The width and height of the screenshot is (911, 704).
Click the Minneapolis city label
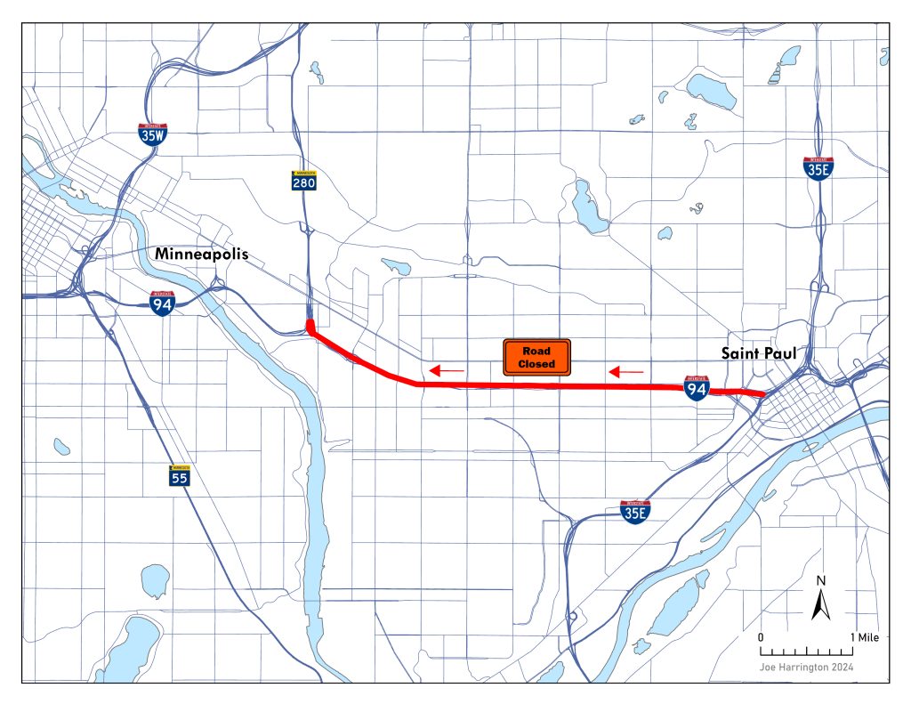(x=201, y=255)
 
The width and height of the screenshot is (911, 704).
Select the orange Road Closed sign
(x=537, y=358)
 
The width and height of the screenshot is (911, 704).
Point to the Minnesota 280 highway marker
(x=303, y=181)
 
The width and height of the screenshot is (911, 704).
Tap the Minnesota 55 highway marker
(x=181, y=475)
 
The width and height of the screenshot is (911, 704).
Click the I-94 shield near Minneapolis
(x=162, y=303)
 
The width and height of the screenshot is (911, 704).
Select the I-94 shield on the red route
(x=697, y=387)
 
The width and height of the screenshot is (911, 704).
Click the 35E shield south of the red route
(x=634, y=512)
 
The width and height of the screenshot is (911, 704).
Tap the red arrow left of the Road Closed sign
(x=447, y=369)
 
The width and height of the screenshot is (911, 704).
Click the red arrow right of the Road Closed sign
(x=626, y=369)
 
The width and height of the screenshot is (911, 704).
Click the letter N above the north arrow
(x=822, y=581)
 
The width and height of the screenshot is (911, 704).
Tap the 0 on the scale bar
(x=761, y=638)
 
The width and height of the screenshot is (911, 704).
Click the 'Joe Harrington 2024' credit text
(x=808, y=665)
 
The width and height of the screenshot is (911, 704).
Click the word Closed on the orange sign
(x=537, y=365)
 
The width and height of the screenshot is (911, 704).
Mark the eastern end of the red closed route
(x=762, y=394)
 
